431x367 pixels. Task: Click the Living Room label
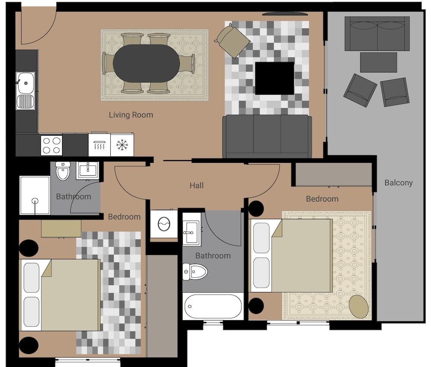point(131,115)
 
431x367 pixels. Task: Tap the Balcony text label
point(399,183)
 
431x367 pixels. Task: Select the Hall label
point(197,185)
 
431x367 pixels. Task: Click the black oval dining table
point(146,63)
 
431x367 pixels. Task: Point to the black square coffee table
point(275,78)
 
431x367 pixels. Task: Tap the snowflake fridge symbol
point(122,145)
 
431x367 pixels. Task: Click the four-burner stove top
point(51,145)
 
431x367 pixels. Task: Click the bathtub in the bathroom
point(213,307)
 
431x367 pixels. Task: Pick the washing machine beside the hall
point(164,224)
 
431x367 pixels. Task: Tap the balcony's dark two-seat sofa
point(377,34)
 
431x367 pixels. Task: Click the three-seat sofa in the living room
point(267,137)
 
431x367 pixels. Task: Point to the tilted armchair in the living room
point(232,41)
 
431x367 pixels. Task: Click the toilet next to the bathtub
point(195,272)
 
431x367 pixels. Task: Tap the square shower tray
point(34,195)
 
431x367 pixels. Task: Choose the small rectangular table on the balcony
point(378,62)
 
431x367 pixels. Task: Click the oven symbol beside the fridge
point(100,144)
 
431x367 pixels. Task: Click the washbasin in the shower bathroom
point(87,170)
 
